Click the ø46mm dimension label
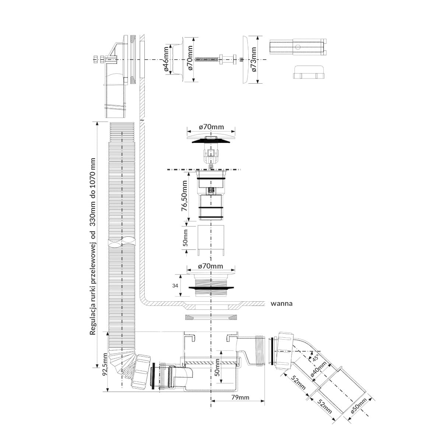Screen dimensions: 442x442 166,60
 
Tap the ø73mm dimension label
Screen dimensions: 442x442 254,60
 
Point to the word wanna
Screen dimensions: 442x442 281,304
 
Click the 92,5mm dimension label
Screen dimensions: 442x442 105,371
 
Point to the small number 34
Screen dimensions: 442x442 175,285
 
